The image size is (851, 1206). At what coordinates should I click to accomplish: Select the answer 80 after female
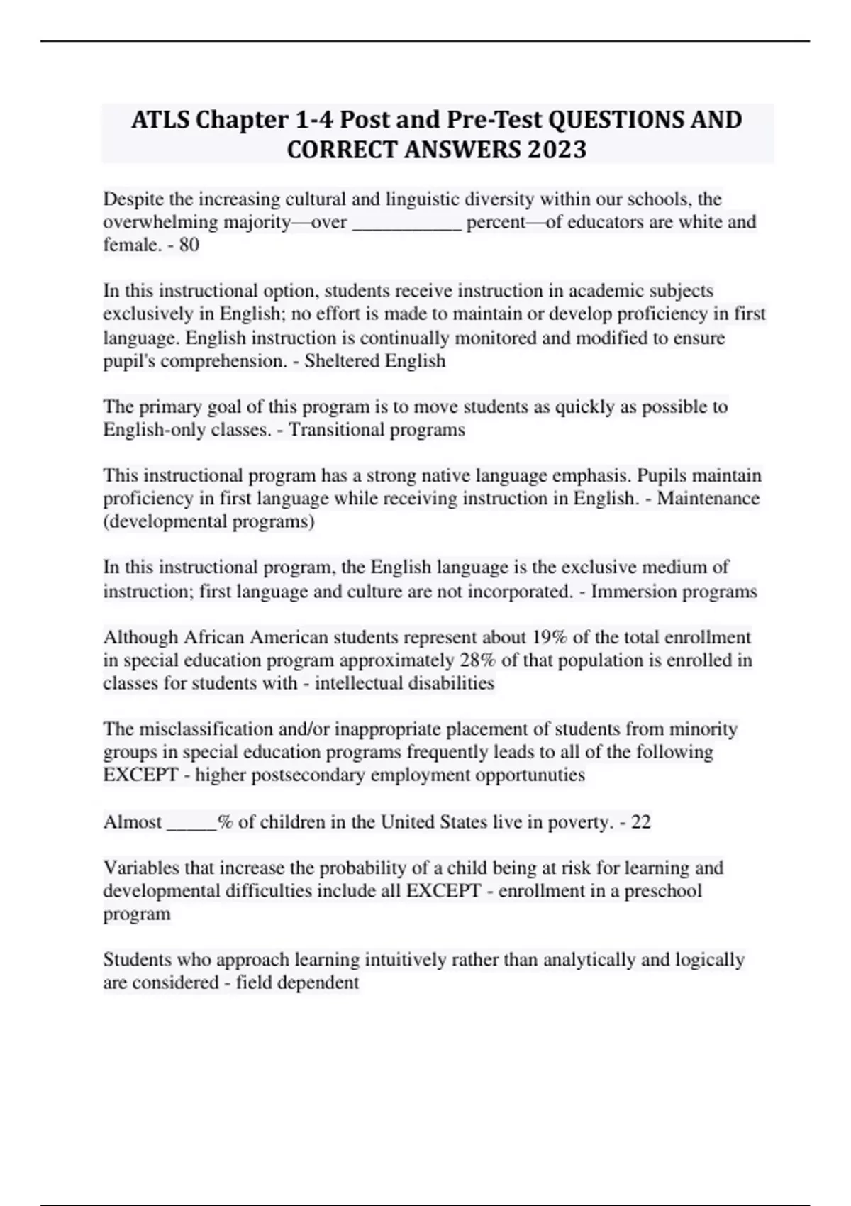pyautogui.click(x=189, y=245)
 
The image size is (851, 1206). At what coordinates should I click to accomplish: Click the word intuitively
pyautogui.click(x=409, y=960)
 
